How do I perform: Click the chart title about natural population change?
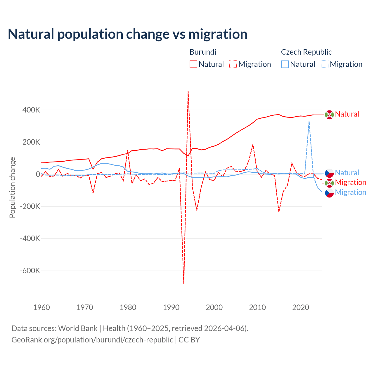click(x=128, y=34)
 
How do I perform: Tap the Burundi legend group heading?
click(x=203, y=52)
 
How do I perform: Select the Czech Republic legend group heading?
click(x=306, y=52)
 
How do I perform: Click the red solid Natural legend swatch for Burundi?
click(x=193, y=64)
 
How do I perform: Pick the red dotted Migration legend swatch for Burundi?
click(x=233, y=64)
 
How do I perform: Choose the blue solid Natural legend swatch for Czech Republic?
click(x=285, y=64)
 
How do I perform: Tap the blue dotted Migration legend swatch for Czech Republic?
click(x=325, y=64)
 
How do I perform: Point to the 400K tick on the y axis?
click(x=32, y=110)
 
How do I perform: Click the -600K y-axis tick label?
click(x=30, y=271)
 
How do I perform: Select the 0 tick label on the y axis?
click(x=38, y=174)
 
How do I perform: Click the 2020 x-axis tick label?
click(x=301, y=307)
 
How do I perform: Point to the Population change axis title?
click(x=12, y=188)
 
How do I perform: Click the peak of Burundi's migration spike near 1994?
click(x=188, y=91)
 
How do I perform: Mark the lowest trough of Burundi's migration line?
click(x=184, y=283)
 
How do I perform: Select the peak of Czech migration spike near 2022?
click(x=309, y=121)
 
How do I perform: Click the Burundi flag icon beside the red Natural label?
click(x=329, y=115)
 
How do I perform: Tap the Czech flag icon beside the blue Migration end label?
click(x=329, y=193)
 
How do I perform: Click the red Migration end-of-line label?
click(x=350, y=183)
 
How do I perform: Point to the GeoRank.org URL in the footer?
click(x=92, y=340)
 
